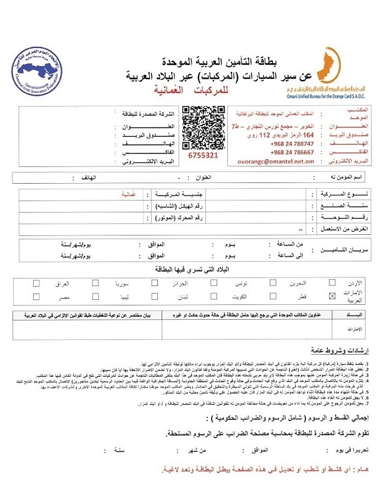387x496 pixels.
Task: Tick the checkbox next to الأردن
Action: pos(332,282)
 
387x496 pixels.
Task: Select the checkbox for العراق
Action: pos(36,282)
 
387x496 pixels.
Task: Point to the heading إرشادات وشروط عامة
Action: pos(330,352)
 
